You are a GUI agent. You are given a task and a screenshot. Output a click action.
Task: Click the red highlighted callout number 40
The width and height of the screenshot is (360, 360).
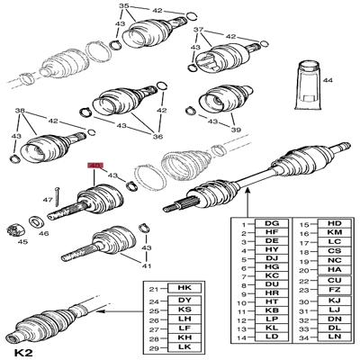tap(94, 166)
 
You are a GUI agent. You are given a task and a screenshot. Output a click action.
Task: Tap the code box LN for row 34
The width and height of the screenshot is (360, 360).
tap(333, 338)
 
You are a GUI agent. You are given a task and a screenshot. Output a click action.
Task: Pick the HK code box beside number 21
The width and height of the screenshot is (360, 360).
tap(185, 289)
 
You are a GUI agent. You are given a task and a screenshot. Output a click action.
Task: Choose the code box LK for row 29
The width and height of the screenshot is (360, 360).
tap(185, 346)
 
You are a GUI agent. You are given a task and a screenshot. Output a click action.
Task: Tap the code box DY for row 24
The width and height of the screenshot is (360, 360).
tap(185, 301)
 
